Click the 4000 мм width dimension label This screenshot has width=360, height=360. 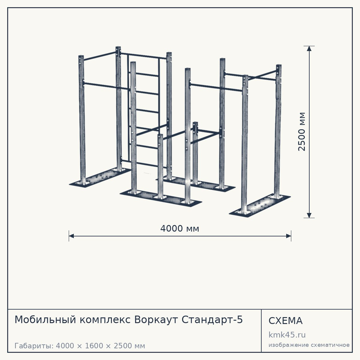180,229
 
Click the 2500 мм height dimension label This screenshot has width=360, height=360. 302,131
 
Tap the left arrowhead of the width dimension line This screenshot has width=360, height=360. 71,236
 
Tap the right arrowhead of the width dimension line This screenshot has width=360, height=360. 289,236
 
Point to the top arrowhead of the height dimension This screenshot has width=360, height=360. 309,49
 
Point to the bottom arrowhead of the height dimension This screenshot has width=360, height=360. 309,215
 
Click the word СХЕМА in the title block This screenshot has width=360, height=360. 285,321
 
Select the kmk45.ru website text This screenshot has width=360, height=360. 287,335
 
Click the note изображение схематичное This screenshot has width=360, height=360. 309,345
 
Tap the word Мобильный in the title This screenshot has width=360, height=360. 45,320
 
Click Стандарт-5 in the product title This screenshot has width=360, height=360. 212,320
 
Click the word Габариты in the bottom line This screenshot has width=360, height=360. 34,346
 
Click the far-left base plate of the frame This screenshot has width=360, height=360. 100,178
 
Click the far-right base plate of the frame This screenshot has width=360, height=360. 260,205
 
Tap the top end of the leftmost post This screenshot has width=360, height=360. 81,56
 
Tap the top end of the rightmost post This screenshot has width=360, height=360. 279,66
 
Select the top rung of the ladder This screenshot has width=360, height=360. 147,75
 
